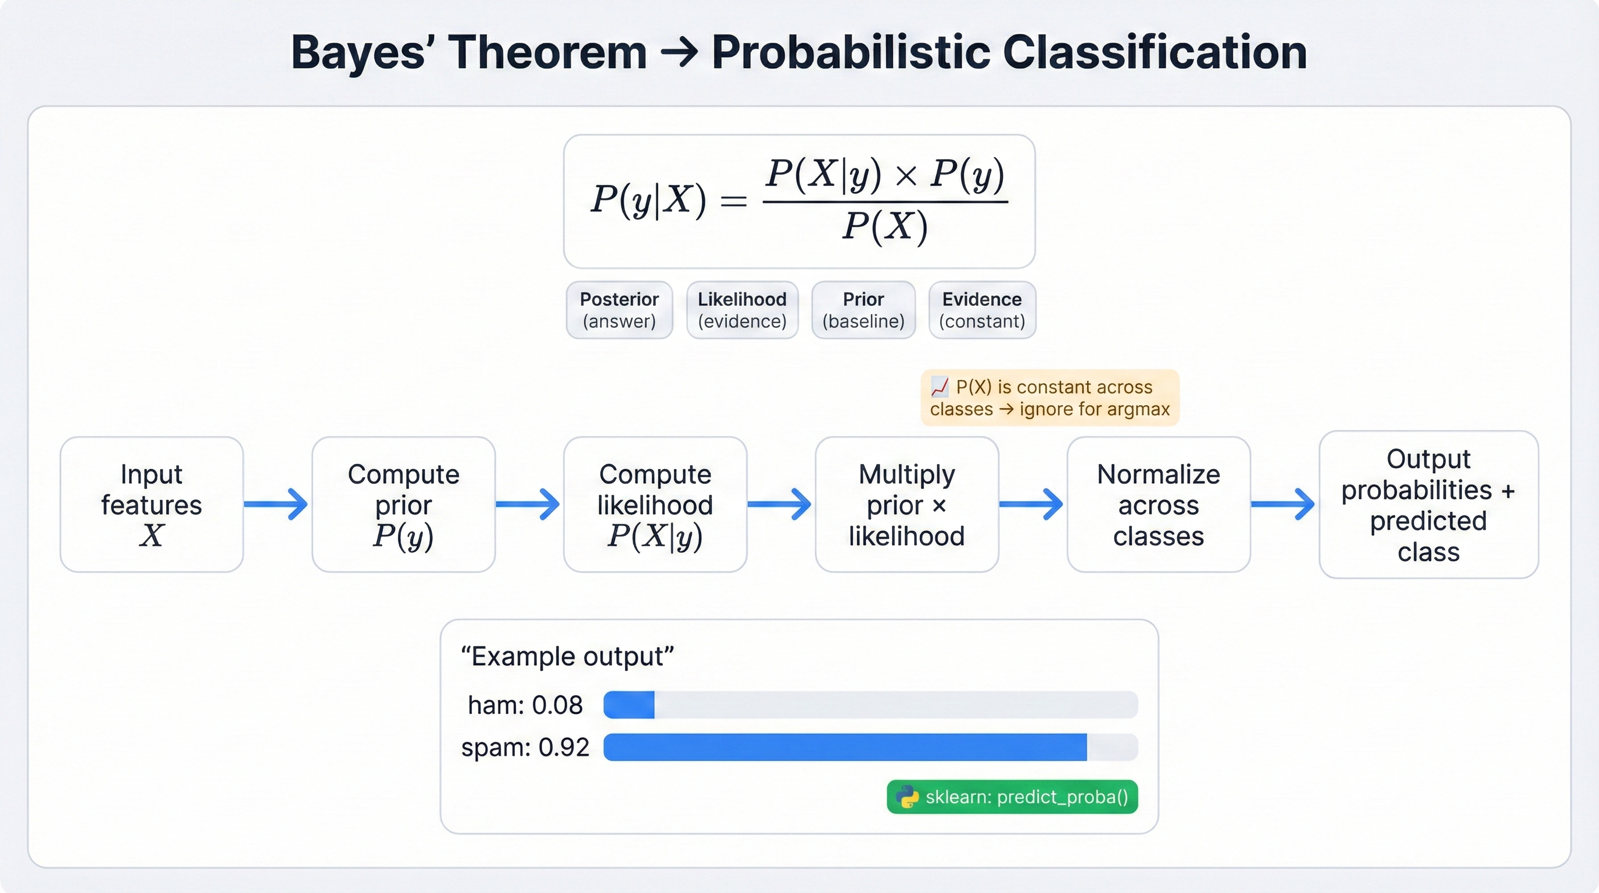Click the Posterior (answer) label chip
tap(619, 310)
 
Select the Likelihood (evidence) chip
tap(742, 310)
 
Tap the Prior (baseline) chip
tap(863, 310)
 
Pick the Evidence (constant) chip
tap(981, 310)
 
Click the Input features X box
tap(152, 504)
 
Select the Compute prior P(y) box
tap(403, 504)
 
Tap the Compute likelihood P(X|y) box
tap(655, 504)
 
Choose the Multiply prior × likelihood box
tap(906, 504)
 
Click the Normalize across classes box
tap(1158, 504)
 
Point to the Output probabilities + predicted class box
tap(1428, 504)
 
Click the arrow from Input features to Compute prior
tap(276, 504)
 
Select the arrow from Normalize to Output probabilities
tap(1283, 504)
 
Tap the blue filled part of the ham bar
tap(629, 705)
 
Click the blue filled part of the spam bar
tap(844, 747)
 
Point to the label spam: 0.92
tap(525, 747)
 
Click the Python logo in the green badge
tap(907, 796)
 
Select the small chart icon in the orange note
tap(940, 388)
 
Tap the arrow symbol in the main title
tap(679, 53)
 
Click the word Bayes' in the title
tap(363, 53)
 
